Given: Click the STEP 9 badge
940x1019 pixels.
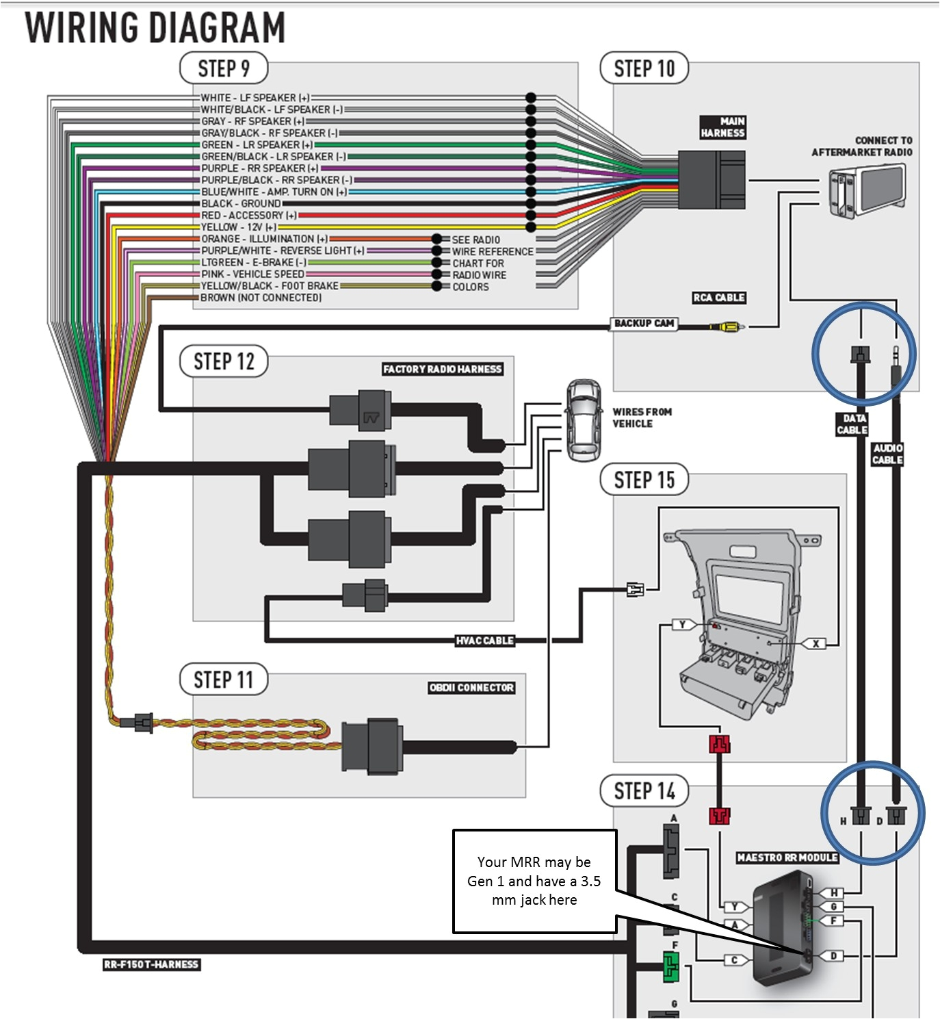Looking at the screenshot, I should [223, 68].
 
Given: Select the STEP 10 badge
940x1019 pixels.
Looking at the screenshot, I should [644, 68].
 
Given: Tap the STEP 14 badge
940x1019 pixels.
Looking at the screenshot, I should [644, 791].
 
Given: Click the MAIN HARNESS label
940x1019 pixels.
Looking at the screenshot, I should [722, 127].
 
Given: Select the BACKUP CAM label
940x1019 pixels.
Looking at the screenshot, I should [644, 323].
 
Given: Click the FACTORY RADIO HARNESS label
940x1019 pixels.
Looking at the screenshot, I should [442, 369].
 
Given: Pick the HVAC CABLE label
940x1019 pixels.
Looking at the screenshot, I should [484, 641].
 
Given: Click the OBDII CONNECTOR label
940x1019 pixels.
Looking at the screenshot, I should [471, 688].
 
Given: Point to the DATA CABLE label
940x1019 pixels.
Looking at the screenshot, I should [852, 424].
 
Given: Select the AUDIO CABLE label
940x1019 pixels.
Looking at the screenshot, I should [887, 454].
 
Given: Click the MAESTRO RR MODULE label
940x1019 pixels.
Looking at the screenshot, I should [787, 857].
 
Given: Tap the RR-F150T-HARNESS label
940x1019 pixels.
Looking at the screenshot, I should [151, 964].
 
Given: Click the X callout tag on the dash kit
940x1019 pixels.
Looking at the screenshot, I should [815, 643].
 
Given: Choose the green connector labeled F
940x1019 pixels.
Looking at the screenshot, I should [671, 967].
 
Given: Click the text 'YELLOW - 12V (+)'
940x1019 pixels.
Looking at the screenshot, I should [239, 227].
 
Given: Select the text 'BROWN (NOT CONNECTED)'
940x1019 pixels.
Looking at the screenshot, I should [261, 298].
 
